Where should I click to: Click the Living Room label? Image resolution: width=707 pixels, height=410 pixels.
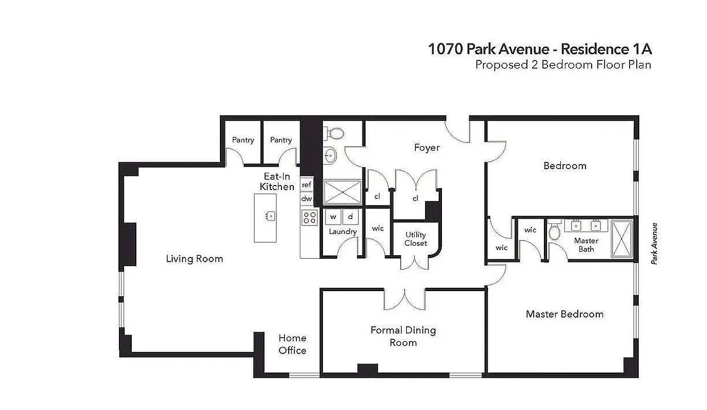pos(194,259)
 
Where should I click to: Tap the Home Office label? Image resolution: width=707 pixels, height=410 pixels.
pos(292,344)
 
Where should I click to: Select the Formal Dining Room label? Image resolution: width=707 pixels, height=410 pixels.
pos(403,336)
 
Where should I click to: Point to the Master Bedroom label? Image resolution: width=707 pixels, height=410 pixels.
pos(564,314)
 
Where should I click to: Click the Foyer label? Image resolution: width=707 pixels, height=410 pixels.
pos(427,148)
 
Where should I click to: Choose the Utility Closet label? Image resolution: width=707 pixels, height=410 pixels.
pos(415,239)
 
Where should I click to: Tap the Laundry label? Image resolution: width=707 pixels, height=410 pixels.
pos(342,232)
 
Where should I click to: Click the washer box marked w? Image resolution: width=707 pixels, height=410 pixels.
pos(333,217)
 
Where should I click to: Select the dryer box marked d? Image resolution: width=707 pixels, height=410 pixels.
pos(351,217)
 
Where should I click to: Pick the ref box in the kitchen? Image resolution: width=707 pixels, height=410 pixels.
pos(307,184)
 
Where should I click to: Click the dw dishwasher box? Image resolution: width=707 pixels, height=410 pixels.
pos(307,198)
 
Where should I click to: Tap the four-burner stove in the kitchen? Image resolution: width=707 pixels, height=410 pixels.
pos(309,217)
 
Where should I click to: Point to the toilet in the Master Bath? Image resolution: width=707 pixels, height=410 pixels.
pos(554,232)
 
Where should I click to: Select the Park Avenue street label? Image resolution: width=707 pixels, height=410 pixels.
pos(654,243)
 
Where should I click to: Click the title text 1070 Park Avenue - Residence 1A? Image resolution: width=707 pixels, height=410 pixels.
pos(540,49)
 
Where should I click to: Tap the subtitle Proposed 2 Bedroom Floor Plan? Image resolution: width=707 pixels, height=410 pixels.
pos(563,65)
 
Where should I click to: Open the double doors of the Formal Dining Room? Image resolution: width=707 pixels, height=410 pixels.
pos(405,299)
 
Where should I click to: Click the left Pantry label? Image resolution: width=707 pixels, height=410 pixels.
pos(243,140)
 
